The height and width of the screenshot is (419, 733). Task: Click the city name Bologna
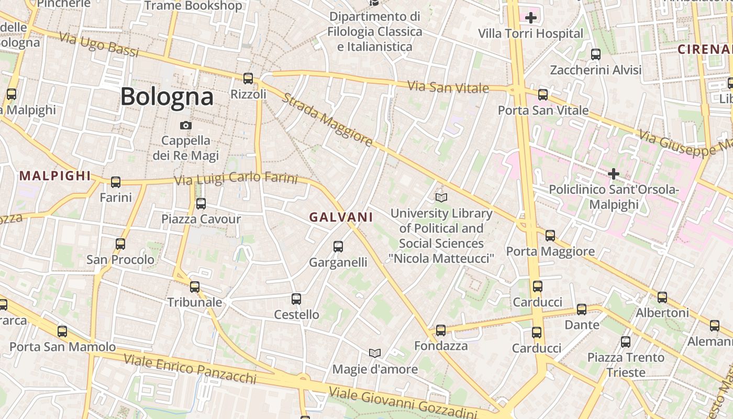[167, 97]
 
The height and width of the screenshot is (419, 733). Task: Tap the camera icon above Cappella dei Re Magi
[185, 125]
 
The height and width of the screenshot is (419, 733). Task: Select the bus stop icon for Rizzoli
[248, 79]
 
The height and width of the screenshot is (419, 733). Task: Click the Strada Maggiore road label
[327, 120]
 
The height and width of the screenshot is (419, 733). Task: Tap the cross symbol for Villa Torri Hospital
[530, 18]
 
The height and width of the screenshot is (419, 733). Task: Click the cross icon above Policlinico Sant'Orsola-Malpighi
[614, 173]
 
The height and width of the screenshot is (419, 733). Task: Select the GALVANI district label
[341, 217]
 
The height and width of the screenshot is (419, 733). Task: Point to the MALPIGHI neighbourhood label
[55, 176]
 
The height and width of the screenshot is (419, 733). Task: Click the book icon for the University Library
[441, 197]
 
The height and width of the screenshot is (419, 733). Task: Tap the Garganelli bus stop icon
[338, 246]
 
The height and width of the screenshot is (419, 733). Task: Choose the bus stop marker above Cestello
[296, 299]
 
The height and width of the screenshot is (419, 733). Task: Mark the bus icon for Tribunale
[195, 286]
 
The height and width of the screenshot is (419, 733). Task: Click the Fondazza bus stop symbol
[441, 330]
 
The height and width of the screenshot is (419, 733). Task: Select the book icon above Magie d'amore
[374, 353]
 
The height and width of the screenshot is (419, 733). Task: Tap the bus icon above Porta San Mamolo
[62, 331]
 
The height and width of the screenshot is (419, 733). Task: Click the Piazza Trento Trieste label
[626, 365]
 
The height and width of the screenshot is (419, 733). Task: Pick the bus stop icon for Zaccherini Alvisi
[595, 54]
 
